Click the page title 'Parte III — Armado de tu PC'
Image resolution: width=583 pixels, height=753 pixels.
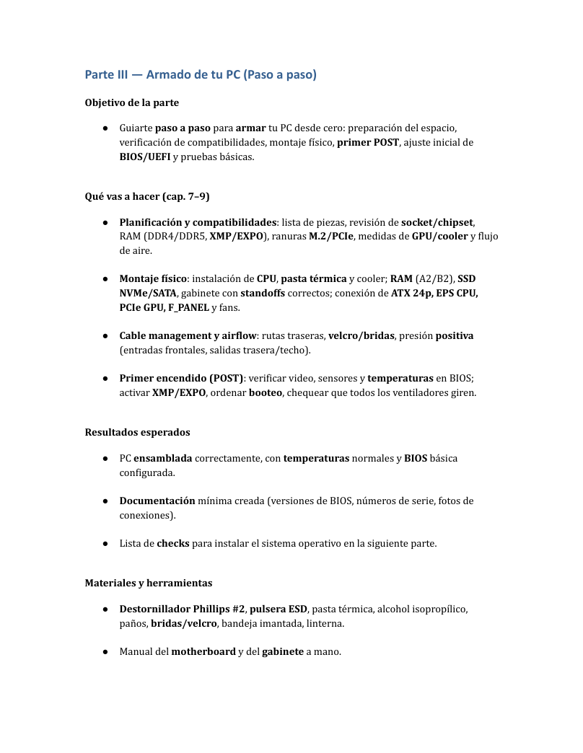[x=201, y=74]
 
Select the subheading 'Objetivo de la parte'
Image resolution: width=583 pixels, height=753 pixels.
[x=132, y=102]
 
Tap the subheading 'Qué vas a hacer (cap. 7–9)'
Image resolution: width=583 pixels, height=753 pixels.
[x=147, y=196]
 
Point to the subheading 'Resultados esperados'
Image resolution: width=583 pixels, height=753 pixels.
[x=138, y=432]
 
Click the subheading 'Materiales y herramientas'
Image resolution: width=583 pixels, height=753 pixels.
[x=149, y=583]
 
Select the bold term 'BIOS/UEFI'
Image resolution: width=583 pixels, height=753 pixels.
[x=145, y=157]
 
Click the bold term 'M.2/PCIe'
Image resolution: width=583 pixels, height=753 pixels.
[x=331, y=237]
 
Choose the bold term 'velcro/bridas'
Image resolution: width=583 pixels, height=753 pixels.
[x=361, y=335]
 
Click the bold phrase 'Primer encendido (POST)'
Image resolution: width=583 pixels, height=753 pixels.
[x=181, y=378]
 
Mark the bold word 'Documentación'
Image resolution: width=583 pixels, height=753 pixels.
[x=157, y=501]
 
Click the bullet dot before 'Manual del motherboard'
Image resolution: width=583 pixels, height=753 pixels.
[x=105, y=651]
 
